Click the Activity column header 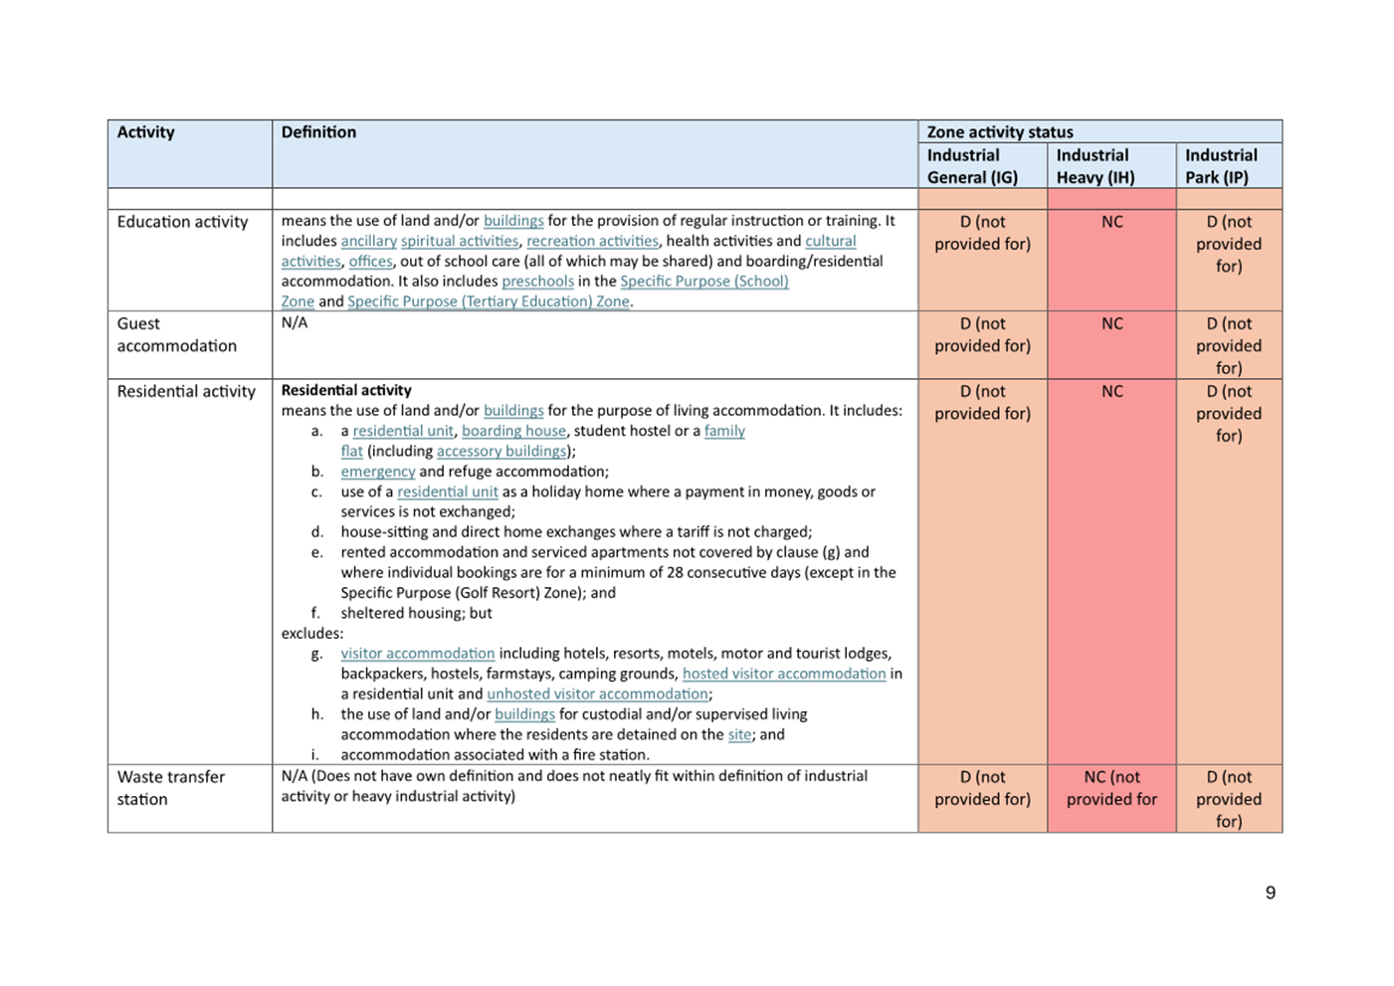[x=145, y=132]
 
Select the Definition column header [x=318, y=132]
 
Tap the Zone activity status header [x=1000, y=132]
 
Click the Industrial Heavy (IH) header [x=1095, y=166]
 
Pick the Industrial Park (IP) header [x=1221, y=166]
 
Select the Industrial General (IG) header [x=972, y=166]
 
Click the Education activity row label [x=182, y=222]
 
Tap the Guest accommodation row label [x=176, y=334]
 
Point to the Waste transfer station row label [x=170, y=788]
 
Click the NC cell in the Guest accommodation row [x=1111, y=324]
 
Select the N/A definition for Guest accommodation [x=295, y=323]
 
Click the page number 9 [x=1270, y=892]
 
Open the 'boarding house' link [x=513, y=431]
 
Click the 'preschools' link [x=537, y=282]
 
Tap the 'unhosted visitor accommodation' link [x=597, y=693]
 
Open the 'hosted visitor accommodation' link [x=783, y=674]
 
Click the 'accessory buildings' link [x=500, y=451]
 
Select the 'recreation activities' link [x=592, y=241]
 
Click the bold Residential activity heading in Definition [x=346, y=390]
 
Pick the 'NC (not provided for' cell [x=1111, y=788]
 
